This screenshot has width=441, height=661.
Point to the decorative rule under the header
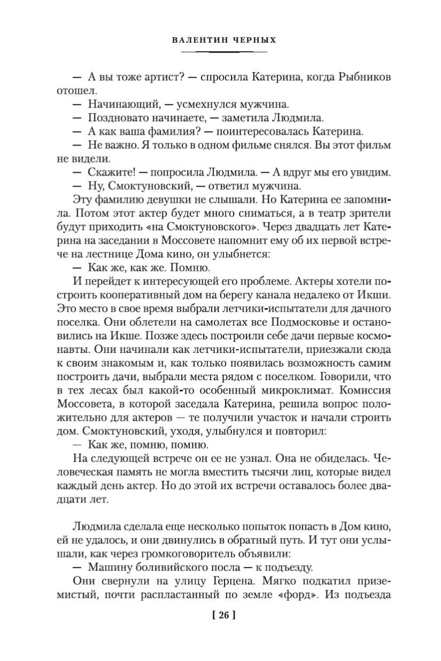pyautogui.click(x=224, y=52)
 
